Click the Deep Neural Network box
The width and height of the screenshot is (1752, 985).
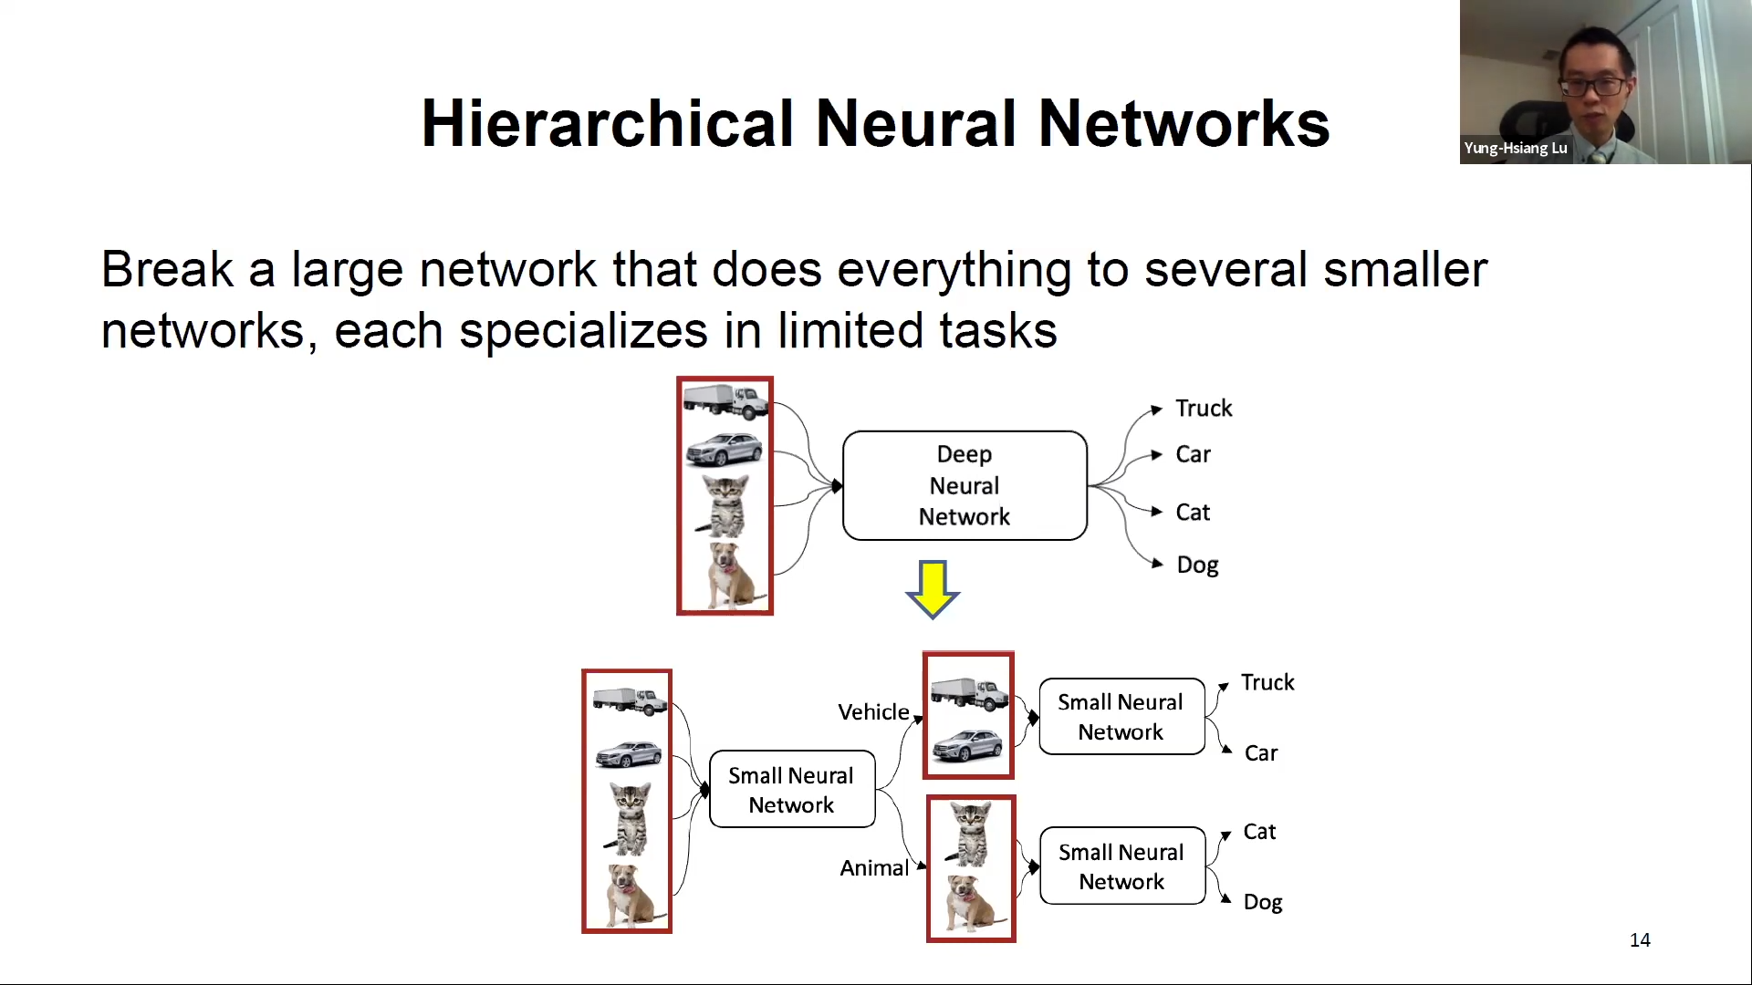[965, 485]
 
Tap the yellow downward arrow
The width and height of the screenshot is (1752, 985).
[933, 589]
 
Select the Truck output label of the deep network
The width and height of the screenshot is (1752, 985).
[1203, 408]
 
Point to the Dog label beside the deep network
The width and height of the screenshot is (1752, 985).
[1197, 565]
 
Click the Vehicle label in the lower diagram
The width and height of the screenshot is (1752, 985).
[873, 712]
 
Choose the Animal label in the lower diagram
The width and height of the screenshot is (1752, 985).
[873, 868]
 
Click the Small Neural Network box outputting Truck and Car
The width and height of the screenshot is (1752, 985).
[1121, 717]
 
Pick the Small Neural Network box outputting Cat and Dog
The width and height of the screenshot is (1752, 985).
[1121, 866]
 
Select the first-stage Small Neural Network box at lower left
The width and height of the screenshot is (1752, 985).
[791, 790]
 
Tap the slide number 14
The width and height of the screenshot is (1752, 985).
[1640, 940]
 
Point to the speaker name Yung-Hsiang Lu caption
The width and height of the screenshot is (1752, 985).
[1515, 148]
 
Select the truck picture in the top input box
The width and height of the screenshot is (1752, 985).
[725, 399]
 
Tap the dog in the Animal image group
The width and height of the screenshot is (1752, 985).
[969, 901]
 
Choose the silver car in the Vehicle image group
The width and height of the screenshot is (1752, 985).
[967, 745]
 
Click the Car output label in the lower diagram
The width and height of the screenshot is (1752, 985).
[1260, 753]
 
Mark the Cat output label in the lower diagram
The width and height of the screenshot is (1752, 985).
[1259, 832]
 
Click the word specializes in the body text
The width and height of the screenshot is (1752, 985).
[583, 330]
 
